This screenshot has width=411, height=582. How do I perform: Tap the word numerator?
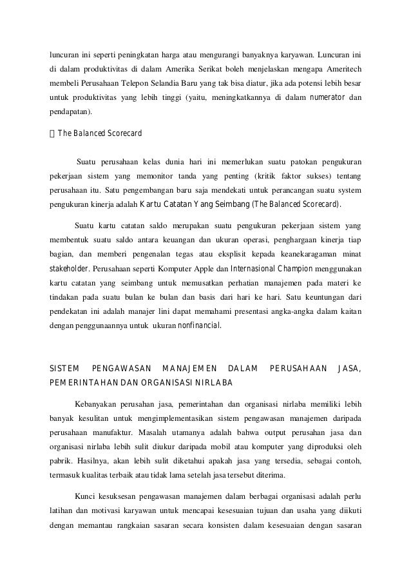tap(328, 98)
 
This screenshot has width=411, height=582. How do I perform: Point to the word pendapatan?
tap(70, 113)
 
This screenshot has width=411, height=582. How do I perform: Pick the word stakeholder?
tap(70, 269)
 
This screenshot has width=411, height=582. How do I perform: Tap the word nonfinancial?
tap(199, 325)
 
